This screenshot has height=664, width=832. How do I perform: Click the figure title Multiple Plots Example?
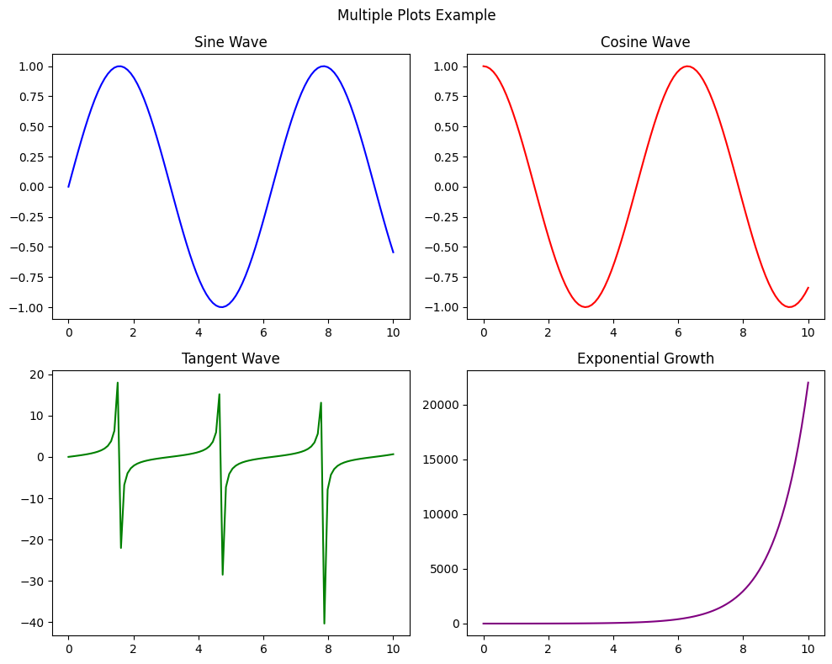416,15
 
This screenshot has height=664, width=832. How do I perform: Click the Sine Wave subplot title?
231,42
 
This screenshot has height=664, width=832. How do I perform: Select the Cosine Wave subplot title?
645,42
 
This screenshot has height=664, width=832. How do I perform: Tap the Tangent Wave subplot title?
231,359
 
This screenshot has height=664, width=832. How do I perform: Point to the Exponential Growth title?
645,359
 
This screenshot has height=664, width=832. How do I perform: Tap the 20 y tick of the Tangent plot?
38,374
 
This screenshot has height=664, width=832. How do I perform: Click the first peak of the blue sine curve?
119,66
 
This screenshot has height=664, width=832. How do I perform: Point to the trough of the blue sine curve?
221,307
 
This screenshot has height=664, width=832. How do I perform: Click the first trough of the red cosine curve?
586,307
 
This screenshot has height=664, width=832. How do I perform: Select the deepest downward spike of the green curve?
324,624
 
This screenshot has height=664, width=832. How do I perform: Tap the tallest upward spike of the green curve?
118,383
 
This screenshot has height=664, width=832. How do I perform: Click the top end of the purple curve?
808,383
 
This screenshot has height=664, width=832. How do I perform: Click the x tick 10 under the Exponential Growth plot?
808,651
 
